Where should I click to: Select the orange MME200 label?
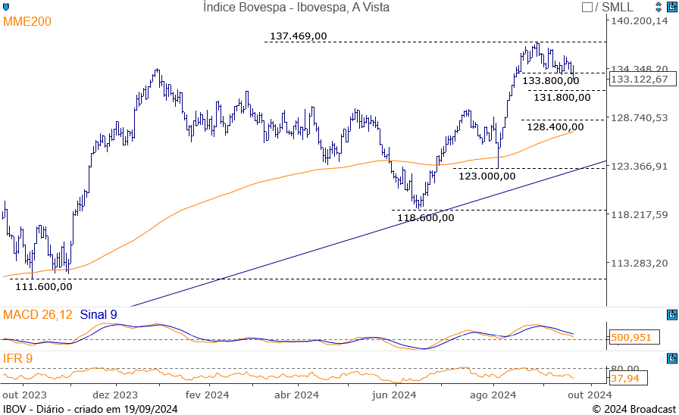[27, 22]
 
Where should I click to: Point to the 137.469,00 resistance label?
[298, 36]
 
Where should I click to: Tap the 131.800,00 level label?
[562, 97]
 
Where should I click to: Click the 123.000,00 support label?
[487, 176]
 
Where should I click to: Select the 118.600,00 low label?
[426, 217]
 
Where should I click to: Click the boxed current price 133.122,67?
[639, 79]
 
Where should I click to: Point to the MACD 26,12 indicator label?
[38, 314]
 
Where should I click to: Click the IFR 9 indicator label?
[17, 357]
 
